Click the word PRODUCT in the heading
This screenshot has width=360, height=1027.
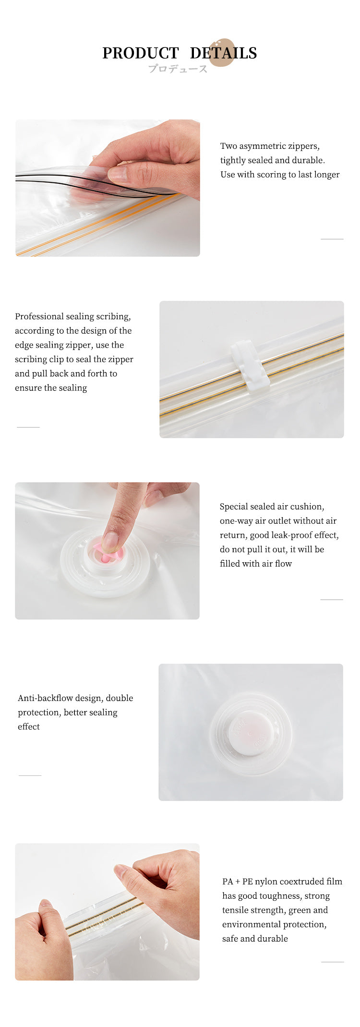point(140,53)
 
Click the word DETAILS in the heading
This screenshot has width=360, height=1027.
point(223,53)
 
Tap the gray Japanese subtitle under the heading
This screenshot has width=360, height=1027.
point(178,69)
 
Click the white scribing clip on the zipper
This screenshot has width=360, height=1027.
point(250,366)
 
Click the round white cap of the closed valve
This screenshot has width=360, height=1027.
point(251,733)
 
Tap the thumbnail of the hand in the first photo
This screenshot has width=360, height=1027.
point(118,173)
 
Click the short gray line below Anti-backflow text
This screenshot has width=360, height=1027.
point(30,775)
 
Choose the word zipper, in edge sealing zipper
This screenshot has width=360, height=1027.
point(77,345)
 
